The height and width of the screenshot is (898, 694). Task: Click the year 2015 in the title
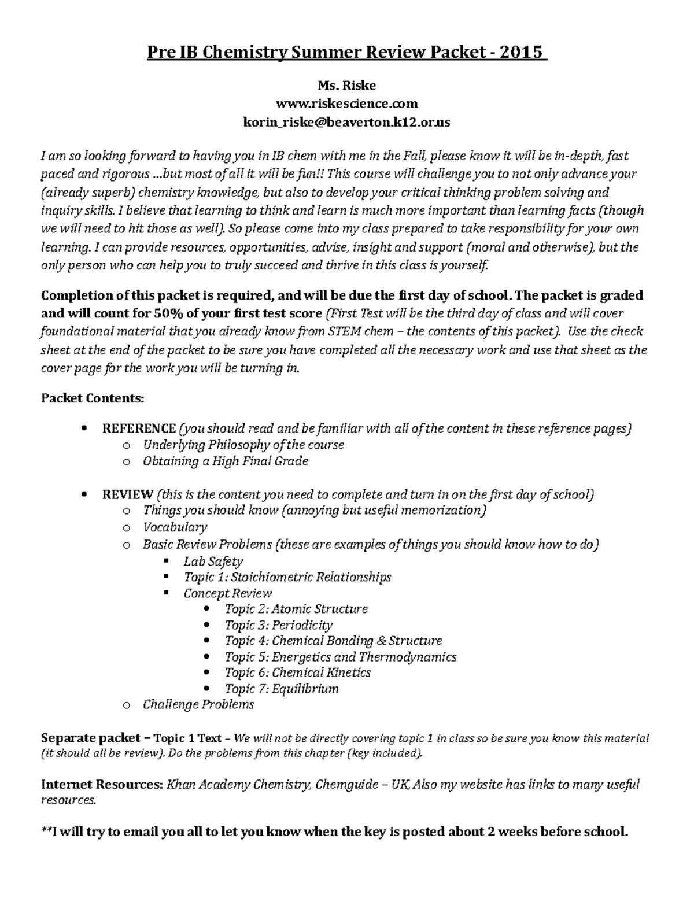pos(523,53)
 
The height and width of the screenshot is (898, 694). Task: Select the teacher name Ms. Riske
pos(347,86)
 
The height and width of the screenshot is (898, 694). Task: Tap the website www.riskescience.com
pos(347,104)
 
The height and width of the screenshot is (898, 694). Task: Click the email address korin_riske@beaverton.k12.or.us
pos(346,123)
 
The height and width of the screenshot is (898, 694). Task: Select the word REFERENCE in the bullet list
pos(139,428)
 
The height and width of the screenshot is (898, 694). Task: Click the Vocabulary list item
pos(175,527)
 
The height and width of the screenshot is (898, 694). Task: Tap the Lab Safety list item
pos(213,561)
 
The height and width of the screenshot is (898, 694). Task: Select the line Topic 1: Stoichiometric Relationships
pos(287,577)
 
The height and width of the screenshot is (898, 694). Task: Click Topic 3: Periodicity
pos(279,625)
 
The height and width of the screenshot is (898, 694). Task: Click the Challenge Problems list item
pos(198,704)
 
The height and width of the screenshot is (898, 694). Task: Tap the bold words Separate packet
pos(90,738)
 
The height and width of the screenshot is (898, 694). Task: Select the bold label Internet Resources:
pos(101,785)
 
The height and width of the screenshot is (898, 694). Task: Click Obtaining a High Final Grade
pos(226,461)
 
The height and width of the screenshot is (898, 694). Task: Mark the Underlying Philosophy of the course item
pos(243,445)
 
